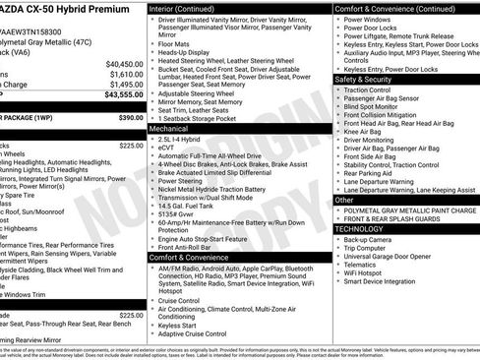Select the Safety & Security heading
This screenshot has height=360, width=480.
point(364,79)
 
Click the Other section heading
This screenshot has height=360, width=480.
point(344,200)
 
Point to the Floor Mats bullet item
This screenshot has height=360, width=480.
point(175,43)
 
